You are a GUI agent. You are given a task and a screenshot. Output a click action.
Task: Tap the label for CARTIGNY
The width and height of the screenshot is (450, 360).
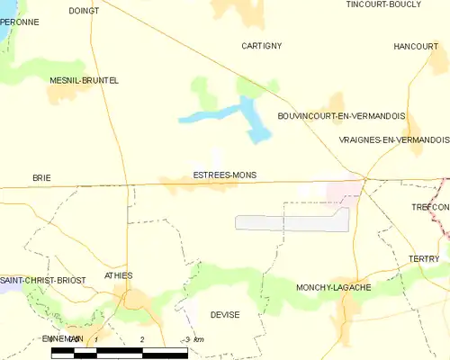click(x=262, y=45)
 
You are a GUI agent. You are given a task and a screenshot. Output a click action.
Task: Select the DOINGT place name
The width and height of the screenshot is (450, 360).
click(x=84, y=11)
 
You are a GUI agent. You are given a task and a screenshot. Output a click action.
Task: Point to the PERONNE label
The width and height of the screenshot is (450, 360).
click(x=19, y=21)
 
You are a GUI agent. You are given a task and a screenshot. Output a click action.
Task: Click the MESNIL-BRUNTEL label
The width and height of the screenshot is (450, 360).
click(x=84, y=80)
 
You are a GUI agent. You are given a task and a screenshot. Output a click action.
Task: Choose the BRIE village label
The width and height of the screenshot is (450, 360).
click(x=41, y=179)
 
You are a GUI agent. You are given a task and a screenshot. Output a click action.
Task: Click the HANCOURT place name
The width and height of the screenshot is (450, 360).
click(x=415, y=46)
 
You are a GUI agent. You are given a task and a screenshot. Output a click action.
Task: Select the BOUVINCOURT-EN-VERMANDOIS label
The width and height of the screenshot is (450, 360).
click(x=341, y=116)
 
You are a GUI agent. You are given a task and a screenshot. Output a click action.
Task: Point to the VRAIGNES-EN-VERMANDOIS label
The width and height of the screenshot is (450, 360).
click(x=393, y=140)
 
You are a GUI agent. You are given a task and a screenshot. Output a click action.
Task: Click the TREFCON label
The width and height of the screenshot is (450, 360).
click(x=429, y=207)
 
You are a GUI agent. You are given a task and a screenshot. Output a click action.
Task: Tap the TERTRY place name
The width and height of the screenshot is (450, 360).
click(x=423, y=259)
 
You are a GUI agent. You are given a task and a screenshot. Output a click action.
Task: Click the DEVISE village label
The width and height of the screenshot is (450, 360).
click(x=224, y=315)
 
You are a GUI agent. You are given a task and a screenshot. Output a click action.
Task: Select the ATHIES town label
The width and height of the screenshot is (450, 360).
click(x=119, y=275)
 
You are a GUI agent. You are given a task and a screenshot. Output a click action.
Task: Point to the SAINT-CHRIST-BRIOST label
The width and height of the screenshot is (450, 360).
click(x=43, y=280)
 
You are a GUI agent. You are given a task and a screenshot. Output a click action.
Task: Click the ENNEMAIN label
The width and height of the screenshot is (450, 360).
click(x=63, y=338)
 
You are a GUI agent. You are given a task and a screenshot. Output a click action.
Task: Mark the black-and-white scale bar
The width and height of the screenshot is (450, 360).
click(x=119, y=352)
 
